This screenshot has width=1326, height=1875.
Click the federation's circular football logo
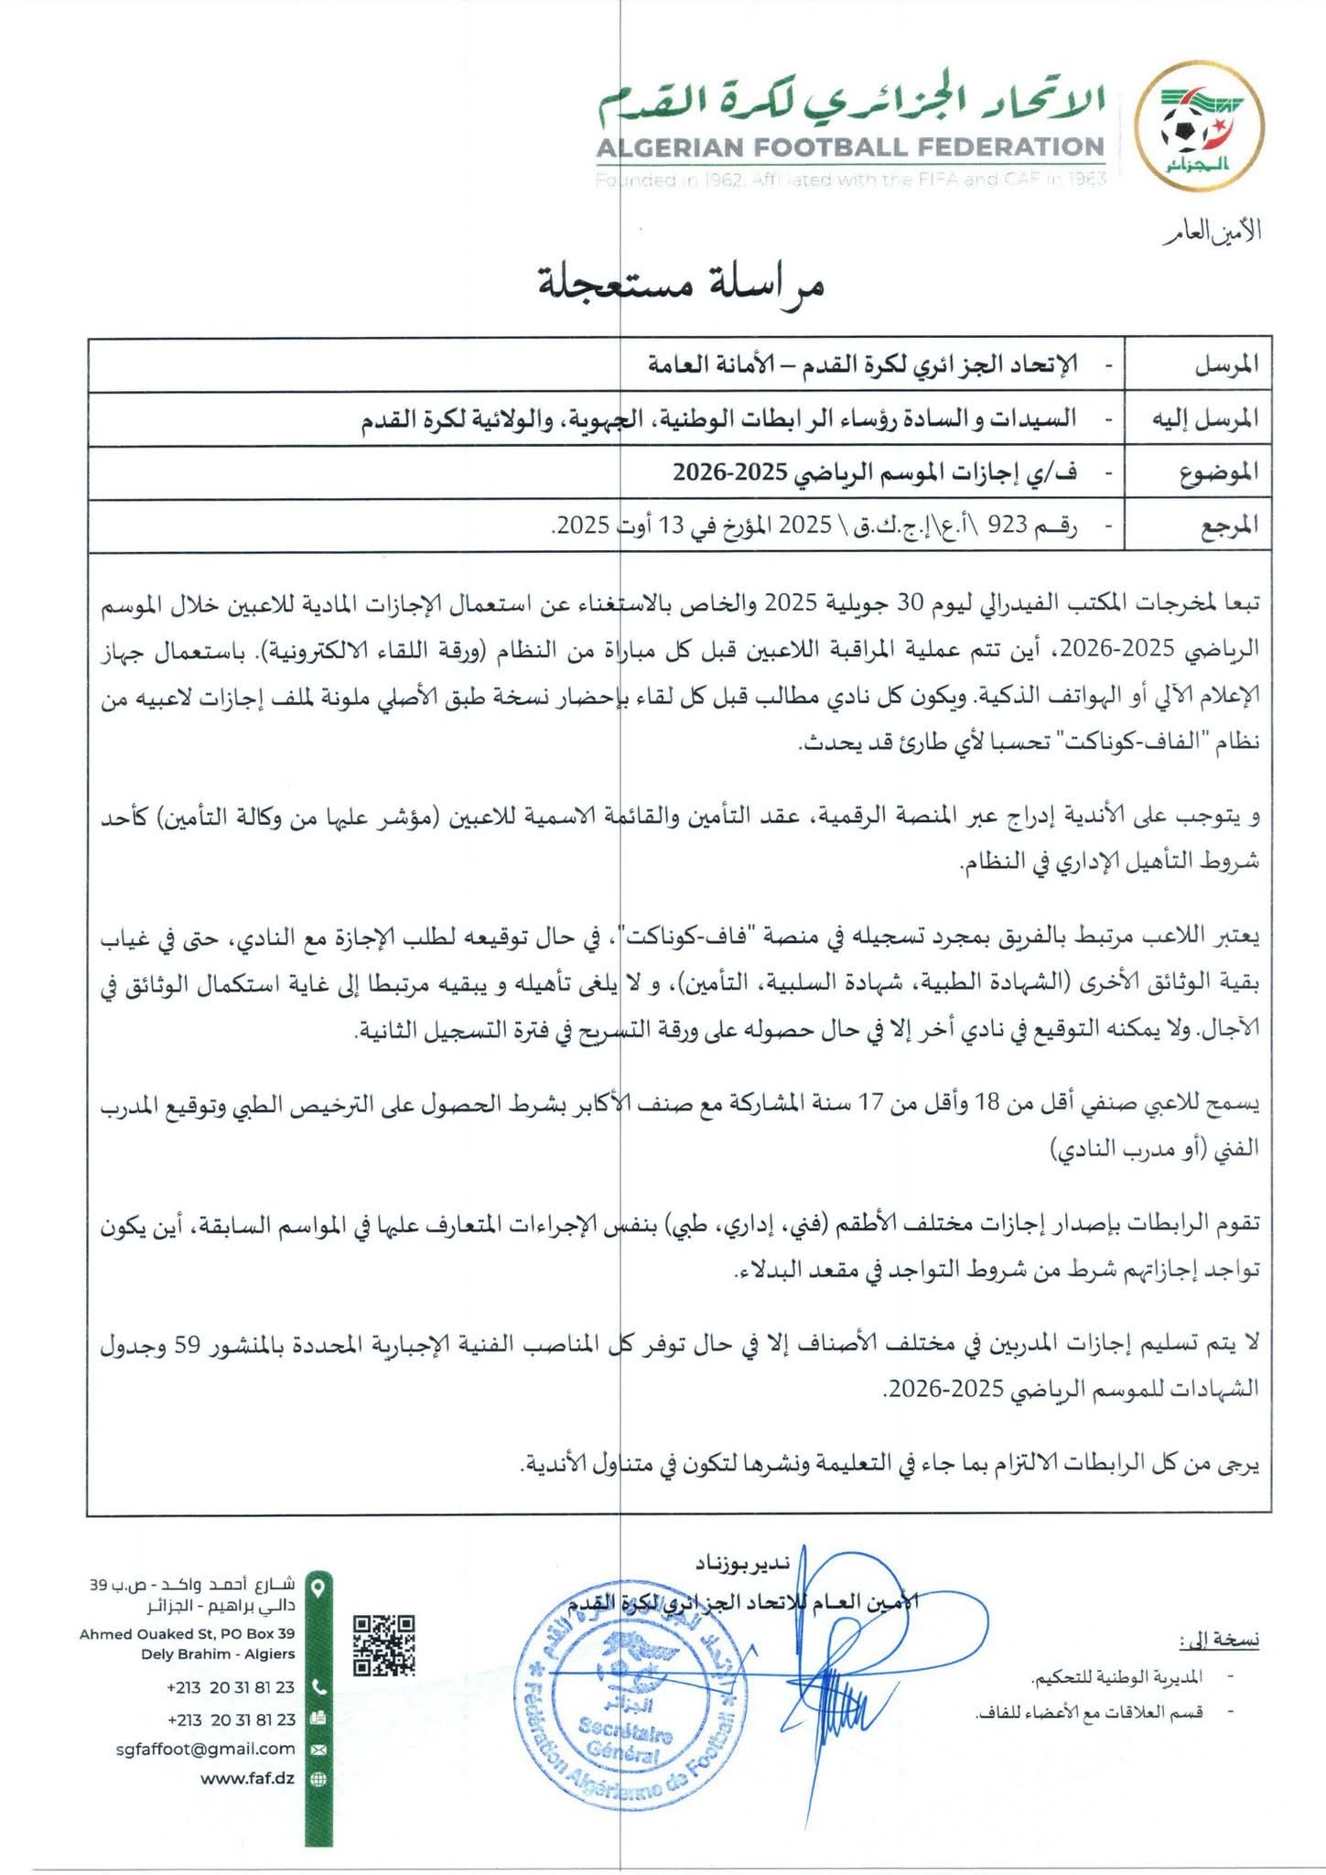[x=1198, y=134]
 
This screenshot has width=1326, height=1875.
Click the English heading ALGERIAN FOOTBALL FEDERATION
[x=850, y=147]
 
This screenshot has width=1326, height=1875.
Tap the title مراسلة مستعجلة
[x=681, y=284]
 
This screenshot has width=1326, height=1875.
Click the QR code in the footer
[x=384, y=1644]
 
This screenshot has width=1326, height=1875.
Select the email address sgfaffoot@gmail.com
[x=206, y=1748]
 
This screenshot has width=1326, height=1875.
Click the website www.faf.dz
[x=247, y=1779]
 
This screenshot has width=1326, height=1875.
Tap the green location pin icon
[x=318, y=1585]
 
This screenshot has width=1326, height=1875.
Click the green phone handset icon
[x=318, y=1686]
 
